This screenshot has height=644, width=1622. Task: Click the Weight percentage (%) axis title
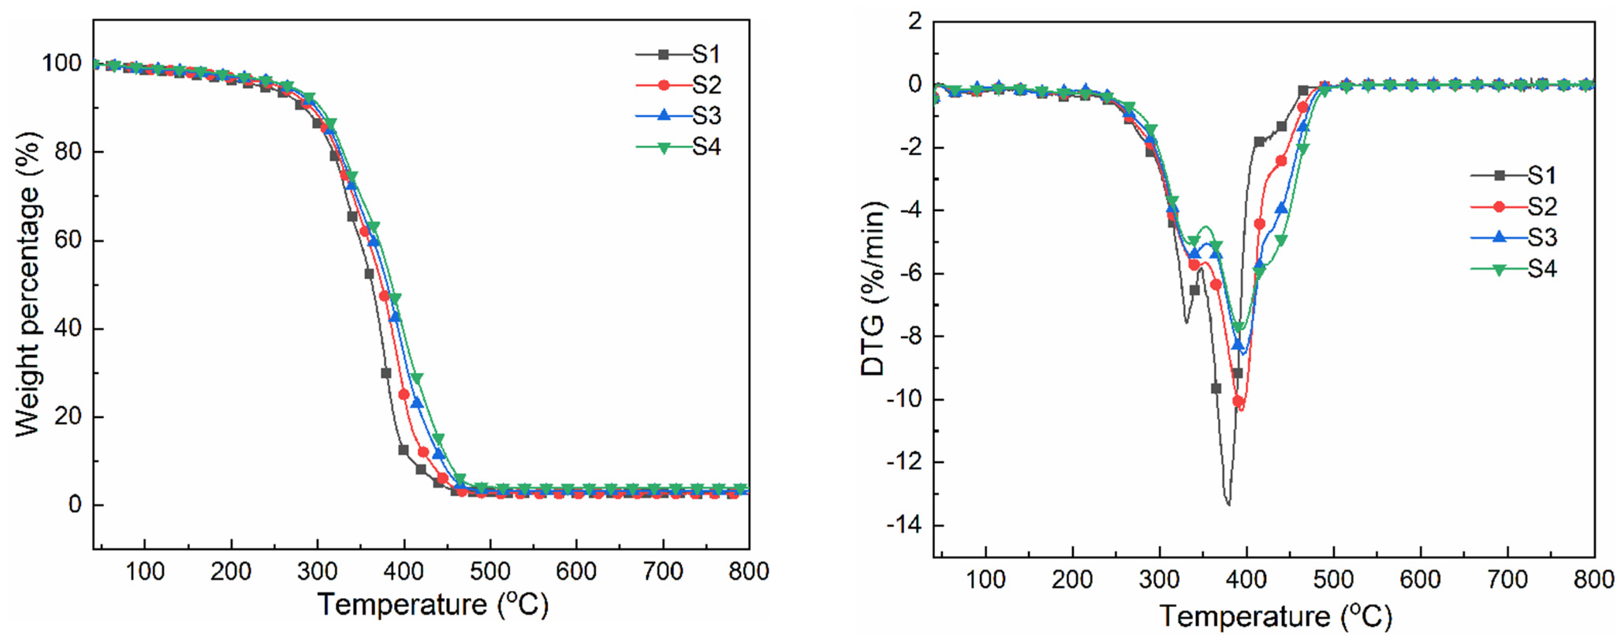(x=28, y=284)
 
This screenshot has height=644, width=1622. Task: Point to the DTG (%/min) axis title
(x=873, y=289)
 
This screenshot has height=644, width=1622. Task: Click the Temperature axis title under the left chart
(x=433, y=605)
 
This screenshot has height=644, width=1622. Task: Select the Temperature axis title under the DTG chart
(x=1276, y=616)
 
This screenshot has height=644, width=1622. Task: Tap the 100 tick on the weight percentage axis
(x=62, y=63)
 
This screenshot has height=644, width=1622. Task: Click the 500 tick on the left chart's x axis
(x=490, y=572)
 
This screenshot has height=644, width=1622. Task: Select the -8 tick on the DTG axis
(x=910, y=336)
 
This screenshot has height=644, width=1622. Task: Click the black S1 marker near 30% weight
(x=386, y=373)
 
